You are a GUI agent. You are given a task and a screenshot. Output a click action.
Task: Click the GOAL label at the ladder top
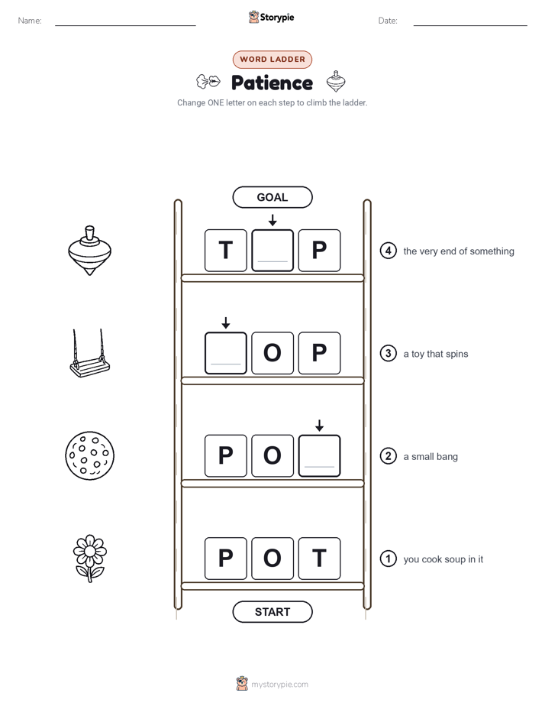click(x=272, y=197)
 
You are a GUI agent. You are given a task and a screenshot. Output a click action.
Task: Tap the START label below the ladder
click(x=272, y=612)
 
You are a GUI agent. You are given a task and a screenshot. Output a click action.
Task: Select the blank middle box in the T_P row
click(x=272, y=251)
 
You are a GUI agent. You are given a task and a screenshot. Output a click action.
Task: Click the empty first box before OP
click(x=226, y=353)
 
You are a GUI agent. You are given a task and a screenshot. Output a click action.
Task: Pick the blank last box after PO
click(x=319, y=455)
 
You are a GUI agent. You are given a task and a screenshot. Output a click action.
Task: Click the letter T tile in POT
click(x=319, y=559)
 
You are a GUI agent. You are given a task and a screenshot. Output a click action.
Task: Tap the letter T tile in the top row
click(x=226, y=251)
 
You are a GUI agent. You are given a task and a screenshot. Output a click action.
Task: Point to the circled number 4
click(x=388, y=251)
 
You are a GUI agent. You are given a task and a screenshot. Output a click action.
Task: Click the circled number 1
click(x=388, y=559)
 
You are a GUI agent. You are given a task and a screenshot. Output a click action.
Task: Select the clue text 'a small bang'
click(x=431, y=457)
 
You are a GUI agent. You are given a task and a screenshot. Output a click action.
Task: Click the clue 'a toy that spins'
click(x=436, y=354)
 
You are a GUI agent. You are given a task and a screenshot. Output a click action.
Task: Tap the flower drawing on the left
click(x=89, y=559)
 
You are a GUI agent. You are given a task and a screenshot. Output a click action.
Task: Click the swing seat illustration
click(x=90, y=353)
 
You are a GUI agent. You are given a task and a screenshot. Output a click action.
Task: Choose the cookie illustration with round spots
click(x=89, y=455)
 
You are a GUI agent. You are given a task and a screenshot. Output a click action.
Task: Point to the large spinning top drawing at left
click(x=89, y=251)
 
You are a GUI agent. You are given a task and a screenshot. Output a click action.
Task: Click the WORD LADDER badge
click(x=272, y=60)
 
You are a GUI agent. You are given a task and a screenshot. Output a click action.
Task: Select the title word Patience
click(x=272, y=83)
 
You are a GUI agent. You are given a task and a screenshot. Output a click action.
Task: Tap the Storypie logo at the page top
click(x=272, y=17)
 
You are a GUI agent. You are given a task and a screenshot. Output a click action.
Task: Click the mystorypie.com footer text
click(x=279, y=685)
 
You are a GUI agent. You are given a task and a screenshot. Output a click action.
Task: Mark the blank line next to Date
click(x=470, y=25)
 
